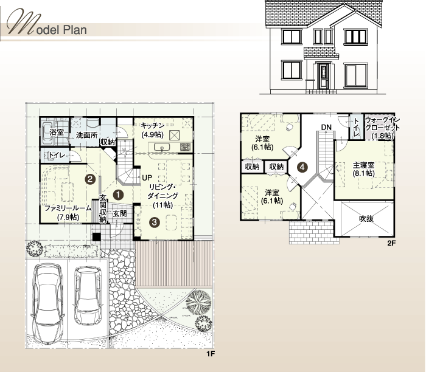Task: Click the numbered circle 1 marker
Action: (119, 195)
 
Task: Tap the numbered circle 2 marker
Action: (90, 179)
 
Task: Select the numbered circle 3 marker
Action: (155, 222)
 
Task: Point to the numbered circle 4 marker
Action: (302, 167)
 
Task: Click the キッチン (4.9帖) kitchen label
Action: (152, 129)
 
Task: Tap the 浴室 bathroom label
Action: (57, 132)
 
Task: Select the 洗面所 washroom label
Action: (86, 135)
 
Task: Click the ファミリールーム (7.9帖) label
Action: (68, 213)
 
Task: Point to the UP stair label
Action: (147, 178)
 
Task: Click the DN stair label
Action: (326, 127)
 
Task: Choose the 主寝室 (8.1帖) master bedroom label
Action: (364, 169)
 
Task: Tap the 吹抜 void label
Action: (366, 219)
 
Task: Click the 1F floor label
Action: (211, 354)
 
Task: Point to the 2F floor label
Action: (391, 243)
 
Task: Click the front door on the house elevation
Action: (323, 76)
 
